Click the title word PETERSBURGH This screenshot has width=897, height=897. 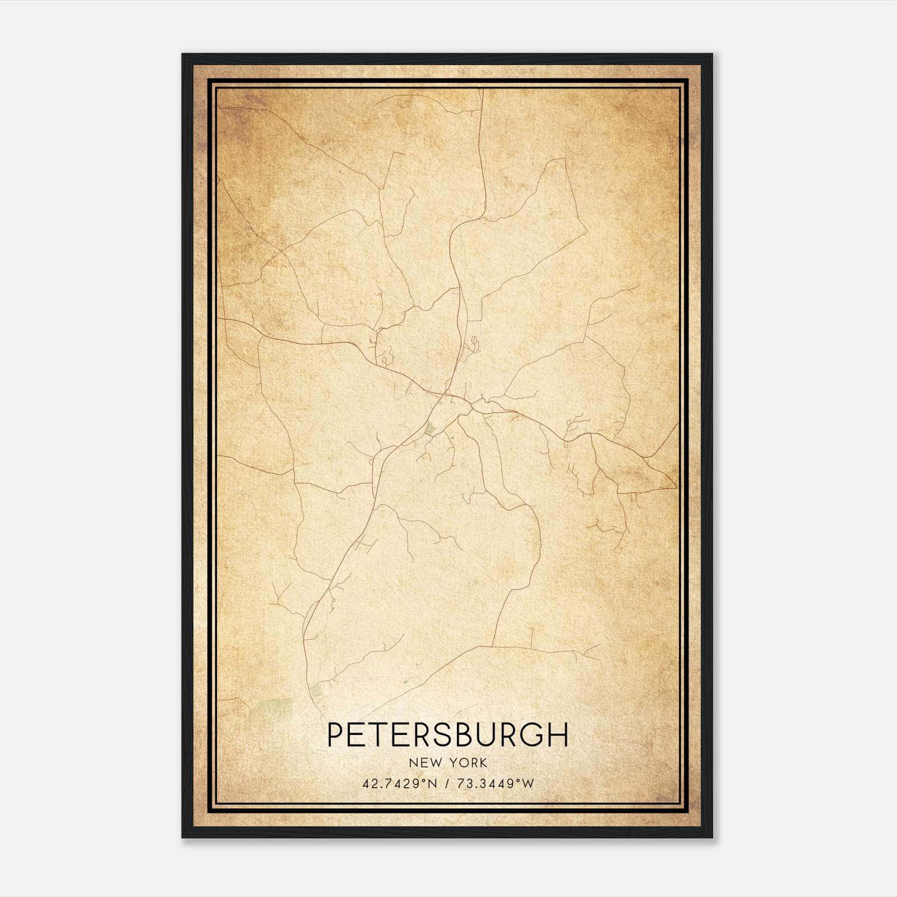pos(447,735)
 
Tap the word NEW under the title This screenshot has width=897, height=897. pos(424,762)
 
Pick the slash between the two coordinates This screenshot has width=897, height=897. pos(446,783)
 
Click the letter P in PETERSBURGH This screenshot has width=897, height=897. pos(335,735)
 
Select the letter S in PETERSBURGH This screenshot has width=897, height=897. pos(445,735)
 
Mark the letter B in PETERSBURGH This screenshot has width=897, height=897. pos(466,735)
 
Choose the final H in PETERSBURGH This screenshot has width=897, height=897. pos(558,735)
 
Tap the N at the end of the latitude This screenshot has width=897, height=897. pos(432,783)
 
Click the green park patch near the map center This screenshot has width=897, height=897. pos(430,430)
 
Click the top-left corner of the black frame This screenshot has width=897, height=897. pos(183,55)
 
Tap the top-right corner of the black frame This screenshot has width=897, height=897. pos(711,55)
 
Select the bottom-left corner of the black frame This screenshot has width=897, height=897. pos(183,836)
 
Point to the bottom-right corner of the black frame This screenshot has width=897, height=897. pos(711,836)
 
